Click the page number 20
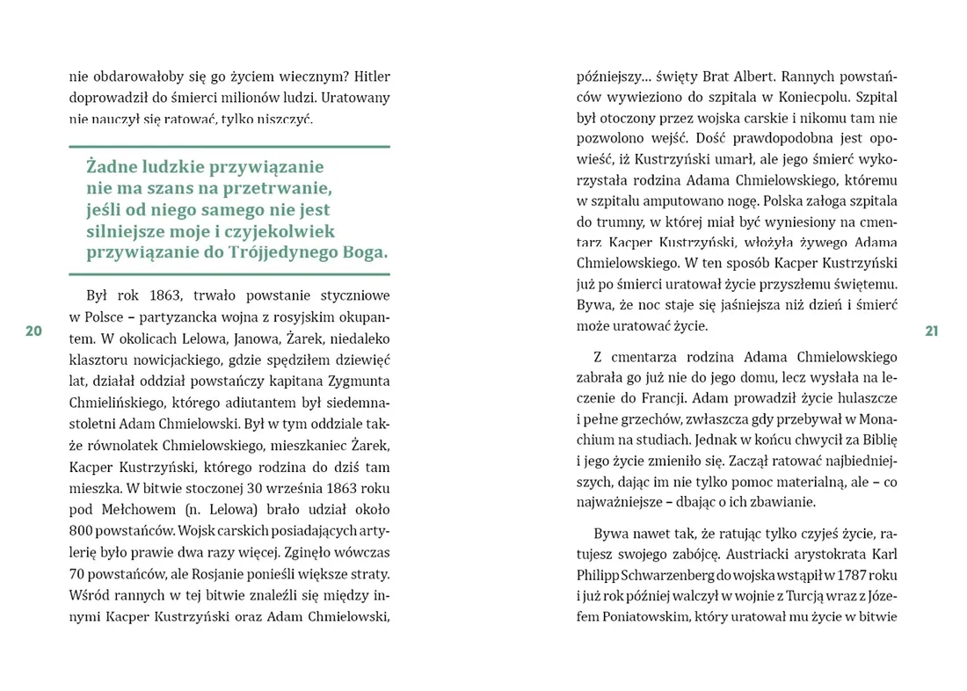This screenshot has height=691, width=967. pyautogui.click(x=33, y=331)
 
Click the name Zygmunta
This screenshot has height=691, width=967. pyautogui.click(x=358, y=381)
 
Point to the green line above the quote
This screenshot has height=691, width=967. pyautogui.click(x=229, y=146)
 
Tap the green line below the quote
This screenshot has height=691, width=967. pyautogui.click(x=229, y=273)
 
